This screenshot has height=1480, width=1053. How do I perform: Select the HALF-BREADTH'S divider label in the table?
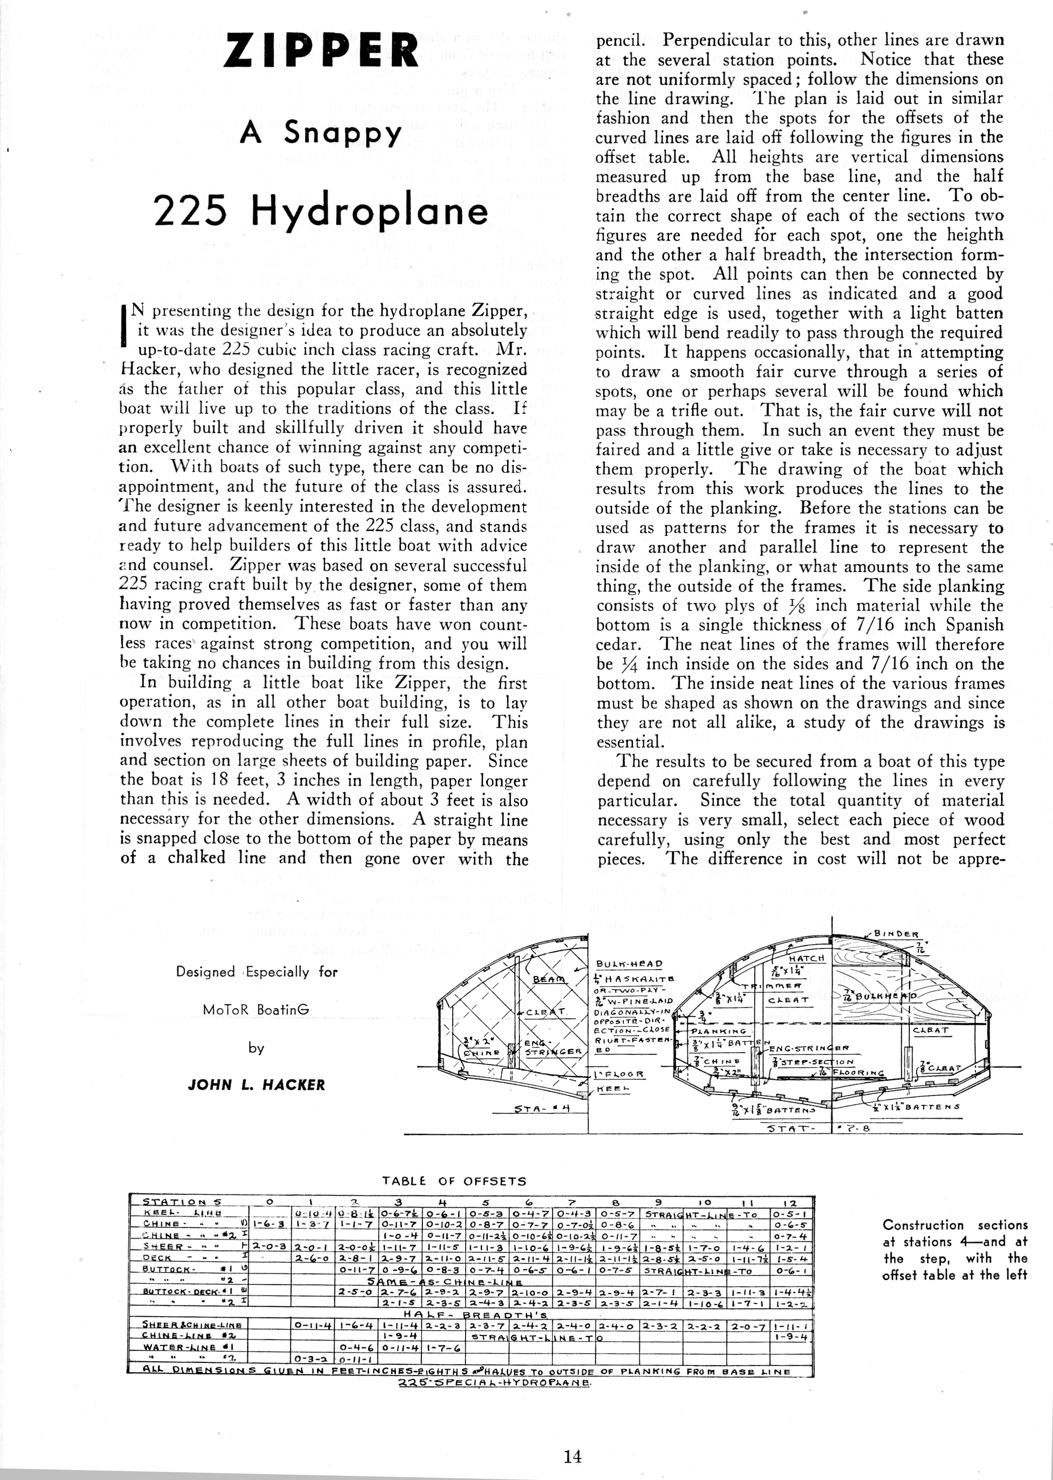[x=480, y=1314]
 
